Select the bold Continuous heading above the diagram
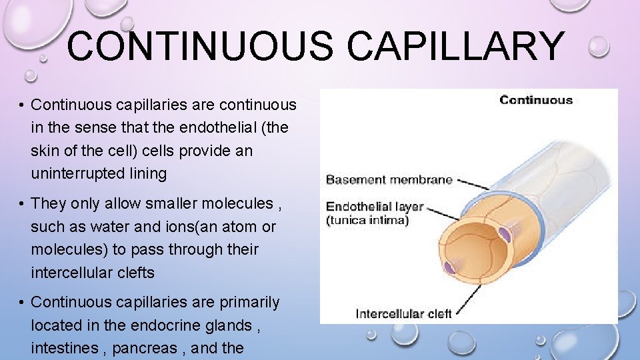(x=535, y=101)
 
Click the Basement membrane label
(x=389, y=179)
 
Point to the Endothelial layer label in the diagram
(x=374, y=207)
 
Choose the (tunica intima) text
(x=367, y=220)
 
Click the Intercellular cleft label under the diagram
(x=403, y=313)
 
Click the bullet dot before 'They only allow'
(x=22, y=204)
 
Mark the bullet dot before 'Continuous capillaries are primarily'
(x=22, y=303)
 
